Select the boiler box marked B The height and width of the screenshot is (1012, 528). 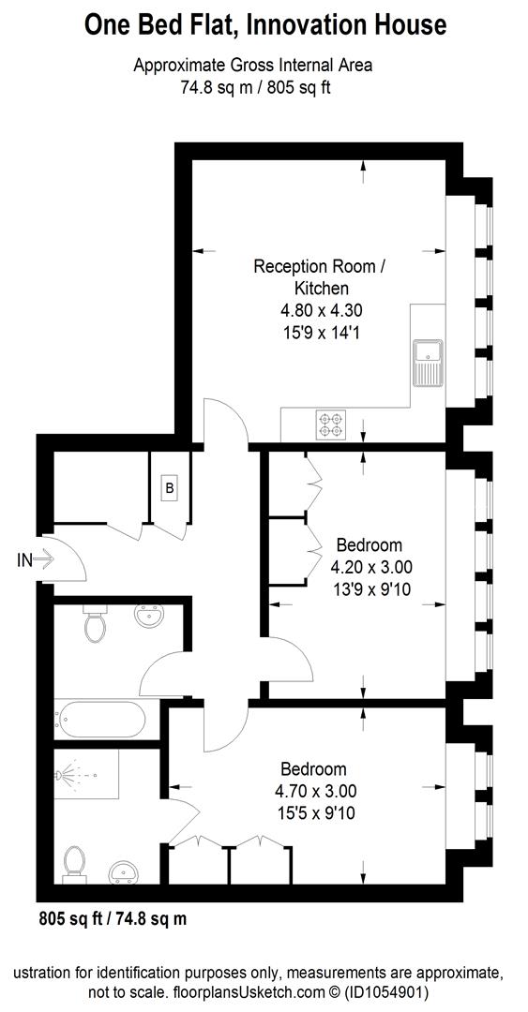[170, 488]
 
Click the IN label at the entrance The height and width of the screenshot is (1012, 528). [25, 560]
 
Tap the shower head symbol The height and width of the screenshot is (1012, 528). [63, 777]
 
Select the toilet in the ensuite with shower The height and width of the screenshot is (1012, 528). [74, 863]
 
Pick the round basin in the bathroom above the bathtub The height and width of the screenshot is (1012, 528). [148, 619]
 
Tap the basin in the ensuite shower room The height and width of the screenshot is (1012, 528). [123, 872]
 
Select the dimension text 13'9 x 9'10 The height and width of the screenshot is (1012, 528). [370, 588]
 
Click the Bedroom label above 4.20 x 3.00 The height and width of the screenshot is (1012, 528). [370, 544]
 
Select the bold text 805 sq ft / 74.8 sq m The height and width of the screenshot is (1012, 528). [113, 919]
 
